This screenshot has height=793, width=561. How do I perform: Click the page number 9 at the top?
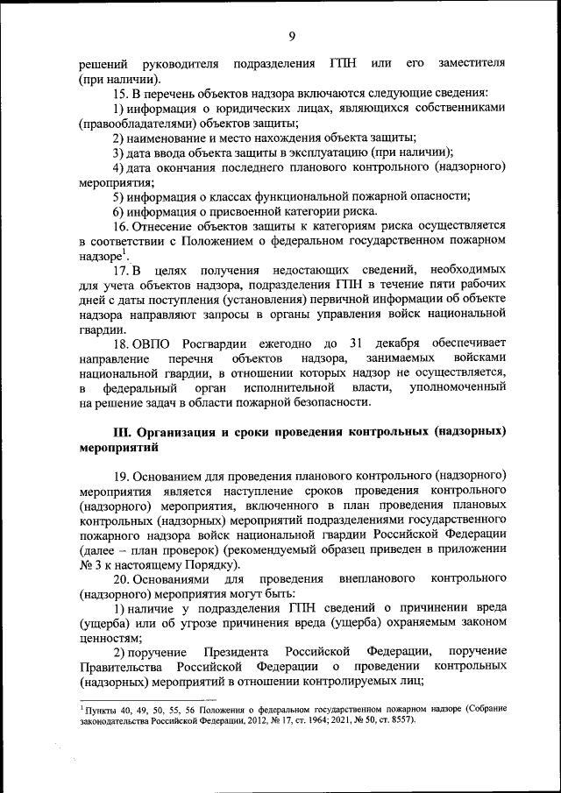(x=291, y=36)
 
